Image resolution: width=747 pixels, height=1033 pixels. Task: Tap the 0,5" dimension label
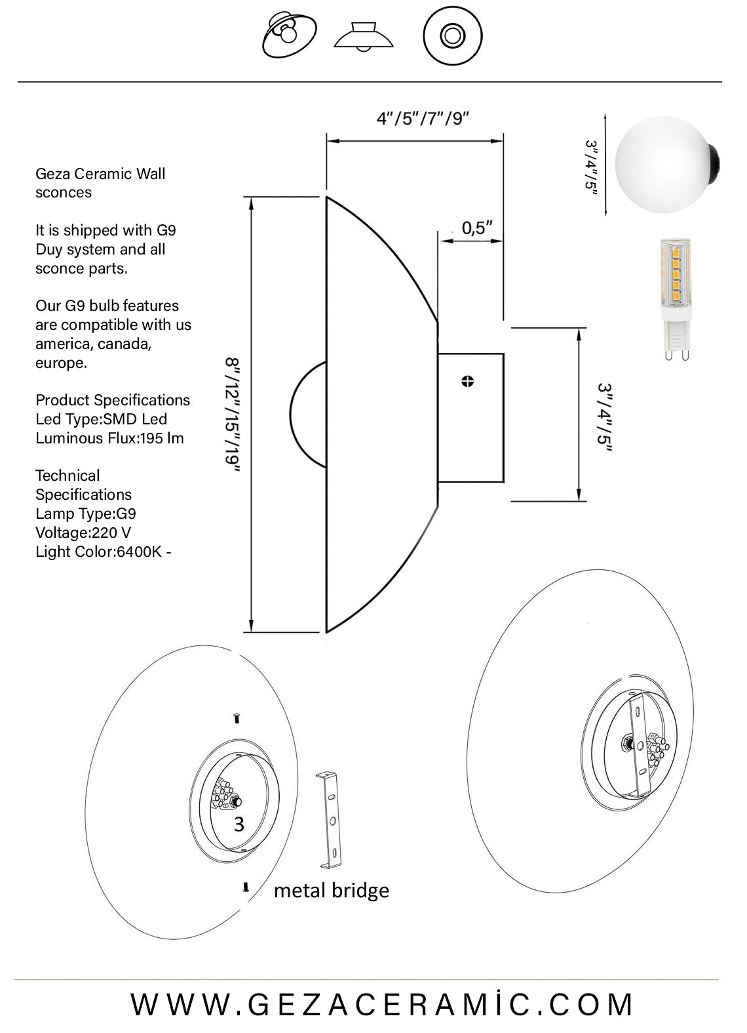click(x=476, y=228)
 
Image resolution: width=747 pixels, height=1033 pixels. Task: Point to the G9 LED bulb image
click(x=675, y=298)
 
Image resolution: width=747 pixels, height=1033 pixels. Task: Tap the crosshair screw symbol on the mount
click(x=467, y=381)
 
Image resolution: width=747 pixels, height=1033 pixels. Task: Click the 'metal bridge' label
click(x=331, y=890)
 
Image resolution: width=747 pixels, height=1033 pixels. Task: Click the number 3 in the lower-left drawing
click(x=239, y=824)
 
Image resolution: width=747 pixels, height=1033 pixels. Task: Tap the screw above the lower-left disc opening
click(x=237, y=719)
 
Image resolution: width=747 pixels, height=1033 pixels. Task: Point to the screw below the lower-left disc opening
click(x=246, y=887)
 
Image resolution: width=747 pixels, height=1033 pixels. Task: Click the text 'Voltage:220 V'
click(x=83, y=533)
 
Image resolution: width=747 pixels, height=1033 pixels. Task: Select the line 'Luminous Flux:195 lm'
click(x=109, y=438)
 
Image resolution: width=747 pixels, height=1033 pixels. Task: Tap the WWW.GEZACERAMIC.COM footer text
click(x=383, y=1004)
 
